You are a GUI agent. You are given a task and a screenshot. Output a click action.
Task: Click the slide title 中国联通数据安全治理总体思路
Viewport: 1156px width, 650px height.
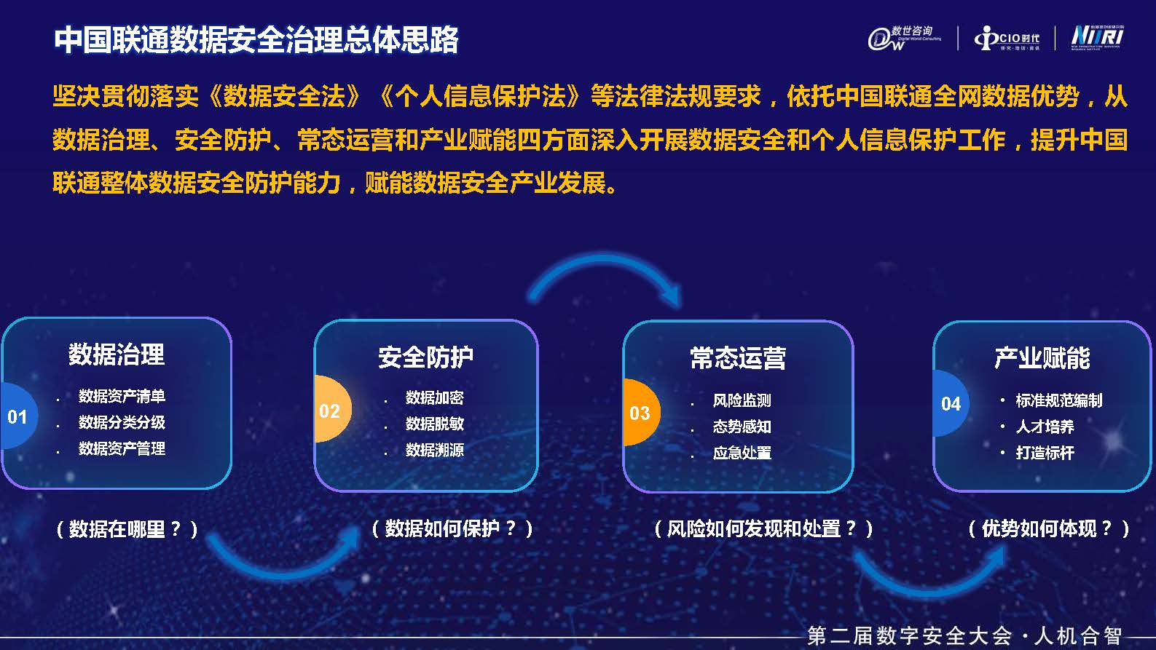256,40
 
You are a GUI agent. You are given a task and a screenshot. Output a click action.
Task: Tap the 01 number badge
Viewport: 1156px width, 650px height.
19,416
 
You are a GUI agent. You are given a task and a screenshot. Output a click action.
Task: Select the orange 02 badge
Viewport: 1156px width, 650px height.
332,409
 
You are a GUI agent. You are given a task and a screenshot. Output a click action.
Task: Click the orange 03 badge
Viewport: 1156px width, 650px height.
642,412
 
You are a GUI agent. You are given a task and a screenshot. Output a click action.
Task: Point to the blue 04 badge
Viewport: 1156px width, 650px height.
951,403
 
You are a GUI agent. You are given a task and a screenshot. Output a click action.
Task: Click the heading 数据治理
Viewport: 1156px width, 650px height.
117,354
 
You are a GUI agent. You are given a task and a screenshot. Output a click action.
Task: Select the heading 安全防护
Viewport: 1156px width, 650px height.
425,357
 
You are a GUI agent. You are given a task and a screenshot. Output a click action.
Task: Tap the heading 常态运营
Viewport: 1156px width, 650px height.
738,357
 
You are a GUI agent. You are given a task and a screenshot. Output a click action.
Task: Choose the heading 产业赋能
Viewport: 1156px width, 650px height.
1042,357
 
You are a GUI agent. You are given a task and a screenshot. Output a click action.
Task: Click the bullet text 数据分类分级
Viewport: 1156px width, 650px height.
122,422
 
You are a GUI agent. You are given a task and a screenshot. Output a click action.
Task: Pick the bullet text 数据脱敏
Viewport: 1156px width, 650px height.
435,424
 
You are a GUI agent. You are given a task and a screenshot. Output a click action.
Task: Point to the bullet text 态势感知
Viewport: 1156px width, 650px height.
742,427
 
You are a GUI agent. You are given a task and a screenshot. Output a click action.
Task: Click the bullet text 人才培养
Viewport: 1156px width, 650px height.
1045,427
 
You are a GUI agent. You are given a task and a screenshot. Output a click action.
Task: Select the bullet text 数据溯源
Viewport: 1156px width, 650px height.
435,451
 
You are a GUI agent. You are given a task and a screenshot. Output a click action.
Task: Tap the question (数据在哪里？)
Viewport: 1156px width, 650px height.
127,529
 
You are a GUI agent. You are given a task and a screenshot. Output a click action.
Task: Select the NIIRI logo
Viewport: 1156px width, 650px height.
1097,37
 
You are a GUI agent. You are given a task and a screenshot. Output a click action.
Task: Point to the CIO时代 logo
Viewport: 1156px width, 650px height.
1007,39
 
